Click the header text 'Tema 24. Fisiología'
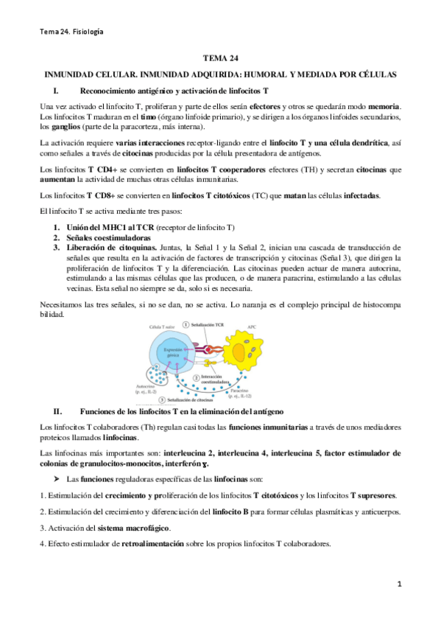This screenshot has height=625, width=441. [x=71, y=32]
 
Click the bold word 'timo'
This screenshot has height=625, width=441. [x=148, y=117]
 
